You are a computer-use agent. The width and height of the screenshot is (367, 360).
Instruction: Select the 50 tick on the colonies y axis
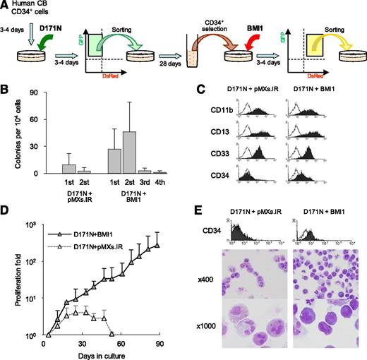[31, 129]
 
